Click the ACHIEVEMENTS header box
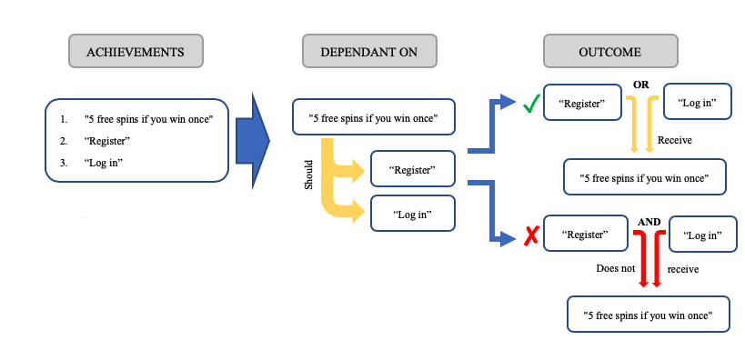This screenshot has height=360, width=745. [135, 52]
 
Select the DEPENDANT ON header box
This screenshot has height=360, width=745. [368, 52]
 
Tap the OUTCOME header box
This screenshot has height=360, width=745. [609, 52]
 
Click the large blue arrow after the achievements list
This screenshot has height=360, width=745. [252, 141]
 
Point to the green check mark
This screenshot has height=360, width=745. [530, 105]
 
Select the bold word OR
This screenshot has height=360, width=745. [639, 85]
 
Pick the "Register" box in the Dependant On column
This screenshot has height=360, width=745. [412, 169]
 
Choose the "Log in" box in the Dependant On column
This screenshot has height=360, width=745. [412, 215]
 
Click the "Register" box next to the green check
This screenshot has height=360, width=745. [582, 104]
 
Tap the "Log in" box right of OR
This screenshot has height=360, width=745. [698, 103]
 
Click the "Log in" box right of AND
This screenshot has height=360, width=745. [701, 235]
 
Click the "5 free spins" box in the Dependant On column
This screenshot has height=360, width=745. [373, 117]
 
